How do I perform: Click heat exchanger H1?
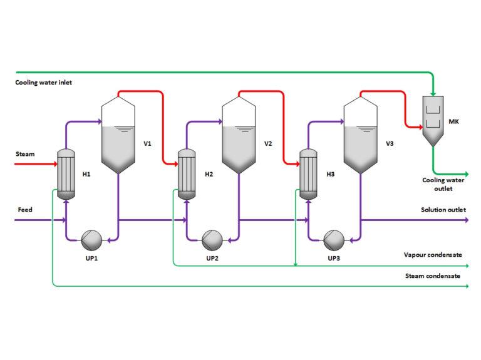(x=66, y=174)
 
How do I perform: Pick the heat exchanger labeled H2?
(x=187, y=174)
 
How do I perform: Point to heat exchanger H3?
(x=308, y=174)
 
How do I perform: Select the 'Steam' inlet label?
(x=24, y=153)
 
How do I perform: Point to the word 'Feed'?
(x=24, y=210)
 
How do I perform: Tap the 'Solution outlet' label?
(x=443, y=210)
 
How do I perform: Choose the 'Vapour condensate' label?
(x=433, y=255)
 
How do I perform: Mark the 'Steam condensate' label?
(x=433, y=275)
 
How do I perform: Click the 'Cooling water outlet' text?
(x=443, y=184)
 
